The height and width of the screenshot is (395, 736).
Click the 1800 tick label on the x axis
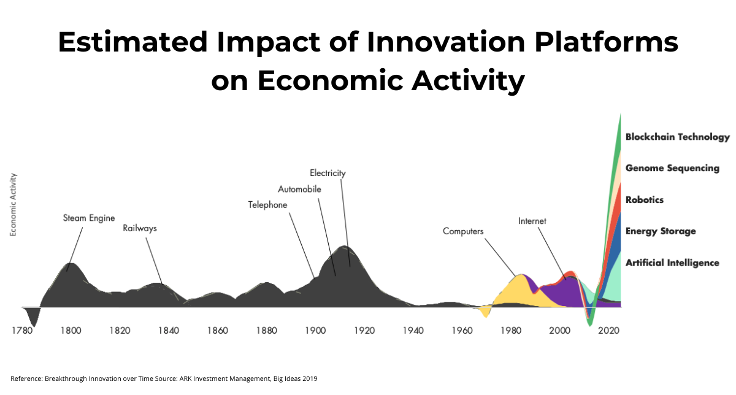tap(71, 330)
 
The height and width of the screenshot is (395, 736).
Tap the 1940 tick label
tap(413, 330)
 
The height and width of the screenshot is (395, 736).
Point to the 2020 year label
tap(608, 330)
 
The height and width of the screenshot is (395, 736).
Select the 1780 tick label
tap(22, 330)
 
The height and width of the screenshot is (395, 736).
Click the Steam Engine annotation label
tap(89, 218)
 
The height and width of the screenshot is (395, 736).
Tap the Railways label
tap(140, 228)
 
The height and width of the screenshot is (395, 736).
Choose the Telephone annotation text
tap(267, 205)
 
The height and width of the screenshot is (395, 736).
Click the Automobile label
tap(299, 190)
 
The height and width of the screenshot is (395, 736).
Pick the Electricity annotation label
tap(328, 173)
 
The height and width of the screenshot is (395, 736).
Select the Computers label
tap(463, 231)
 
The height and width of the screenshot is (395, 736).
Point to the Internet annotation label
tap(532, 221)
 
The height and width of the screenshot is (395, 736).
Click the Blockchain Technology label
tap(678, 137)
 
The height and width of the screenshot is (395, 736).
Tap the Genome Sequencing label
tap(672, 168)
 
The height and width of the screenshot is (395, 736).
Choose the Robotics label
tap(645, 200)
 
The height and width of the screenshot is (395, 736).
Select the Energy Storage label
tap(661, 231)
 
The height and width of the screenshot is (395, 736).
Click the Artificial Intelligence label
tap(672, 263)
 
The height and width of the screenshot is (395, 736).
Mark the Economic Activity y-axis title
tap(13, 205)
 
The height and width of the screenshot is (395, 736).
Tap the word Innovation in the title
tap(446, 42)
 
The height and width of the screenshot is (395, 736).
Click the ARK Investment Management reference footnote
tap(164, 378)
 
